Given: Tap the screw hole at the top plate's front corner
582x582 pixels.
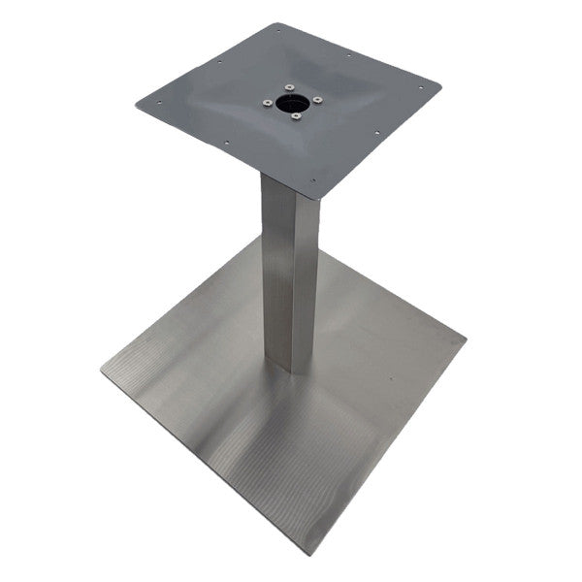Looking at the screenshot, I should pyautogui.click(x=313, y=180).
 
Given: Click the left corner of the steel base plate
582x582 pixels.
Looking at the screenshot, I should pyautogui.click(x=101, y=370).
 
